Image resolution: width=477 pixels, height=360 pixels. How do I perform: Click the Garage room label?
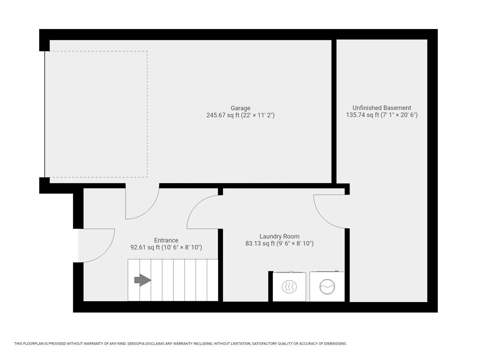coord(240,108)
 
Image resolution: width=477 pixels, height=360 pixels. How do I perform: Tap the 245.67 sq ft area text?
coord(240,115)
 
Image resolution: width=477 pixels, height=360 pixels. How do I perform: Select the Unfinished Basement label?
coord(382,108)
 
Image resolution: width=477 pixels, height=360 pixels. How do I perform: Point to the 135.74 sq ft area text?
coord(382,115)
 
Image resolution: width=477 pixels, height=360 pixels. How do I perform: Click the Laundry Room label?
coord(279,236)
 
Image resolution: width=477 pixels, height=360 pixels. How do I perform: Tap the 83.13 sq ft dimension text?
coord(279,243)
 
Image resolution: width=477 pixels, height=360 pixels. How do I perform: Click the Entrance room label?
coord(166,240)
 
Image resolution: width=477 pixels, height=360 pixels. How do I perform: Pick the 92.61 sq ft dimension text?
coord(166,247)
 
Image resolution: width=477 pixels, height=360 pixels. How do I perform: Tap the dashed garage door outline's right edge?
coord(147,114)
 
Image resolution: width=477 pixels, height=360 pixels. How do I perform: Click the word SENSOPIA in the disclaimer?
coord(137,344)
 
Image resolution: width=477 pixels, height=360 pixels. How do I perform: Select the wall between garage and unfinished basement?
coord(334,111)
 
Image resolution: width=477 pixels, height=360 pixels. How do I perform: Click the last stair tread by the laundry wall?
coord(213,280)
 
